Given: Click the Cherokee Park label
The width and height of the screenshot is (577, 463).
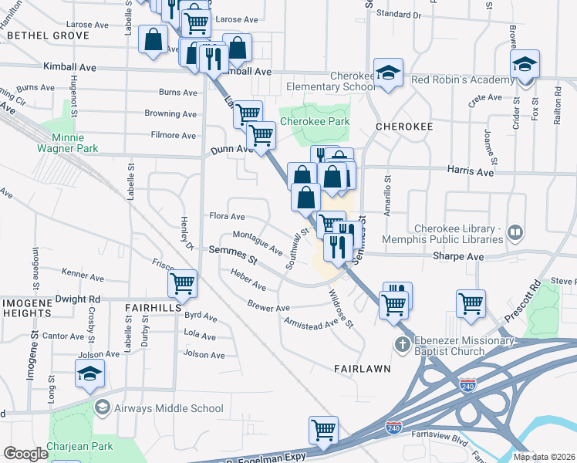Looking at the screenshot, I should pos(315,121).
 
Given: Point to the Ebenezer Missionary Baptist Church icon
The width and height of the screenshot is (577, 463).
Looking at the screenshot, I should pos(401,345).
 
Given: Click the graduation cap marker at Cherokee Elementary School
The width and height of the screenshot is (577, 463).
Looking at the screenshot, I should pos(388,73).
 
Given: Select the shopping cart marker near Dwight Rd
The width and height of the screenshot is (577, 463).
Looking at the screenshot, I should pos(183,284).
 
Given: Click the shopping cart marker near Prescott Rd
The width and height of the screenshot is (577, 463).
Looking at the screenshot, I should pos(471,303).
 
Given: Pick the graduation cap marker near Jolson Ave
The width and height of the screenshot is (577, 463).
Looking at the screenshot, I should pos(89,374).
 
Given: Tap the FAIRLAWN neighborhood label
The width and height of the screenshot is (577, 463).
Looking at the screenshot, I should pos(362,369).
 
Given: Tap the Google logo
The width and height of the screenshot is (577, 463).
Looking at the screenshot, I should pos(25,454).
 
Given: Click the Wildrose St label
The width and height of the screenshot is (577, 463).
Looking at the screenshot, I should pos(340,308).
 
